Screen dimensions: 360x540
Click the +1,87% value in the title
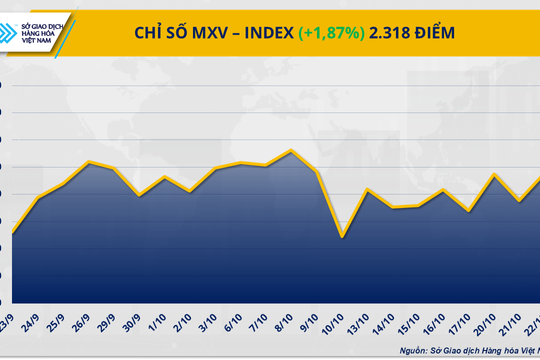pyautogui.click(x=332, y=33)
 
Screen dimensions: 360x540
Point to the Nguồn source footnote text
pyautogui.click(x=464, y=350)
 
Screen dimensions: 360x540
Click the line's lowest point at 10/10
pyautogui.click(x=343, y=237)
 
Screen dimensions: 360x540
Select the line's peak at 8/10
pyautogui.click(x=291, y=151)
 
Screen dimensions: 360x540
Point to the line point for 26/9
pyautogui.click(x=90, y=162)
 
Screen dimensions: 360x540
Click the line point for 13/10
pyautogui.click(x=369, y=189)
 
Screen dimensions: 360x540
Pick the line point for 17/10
pyautogui.click(x=469, y=212)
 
